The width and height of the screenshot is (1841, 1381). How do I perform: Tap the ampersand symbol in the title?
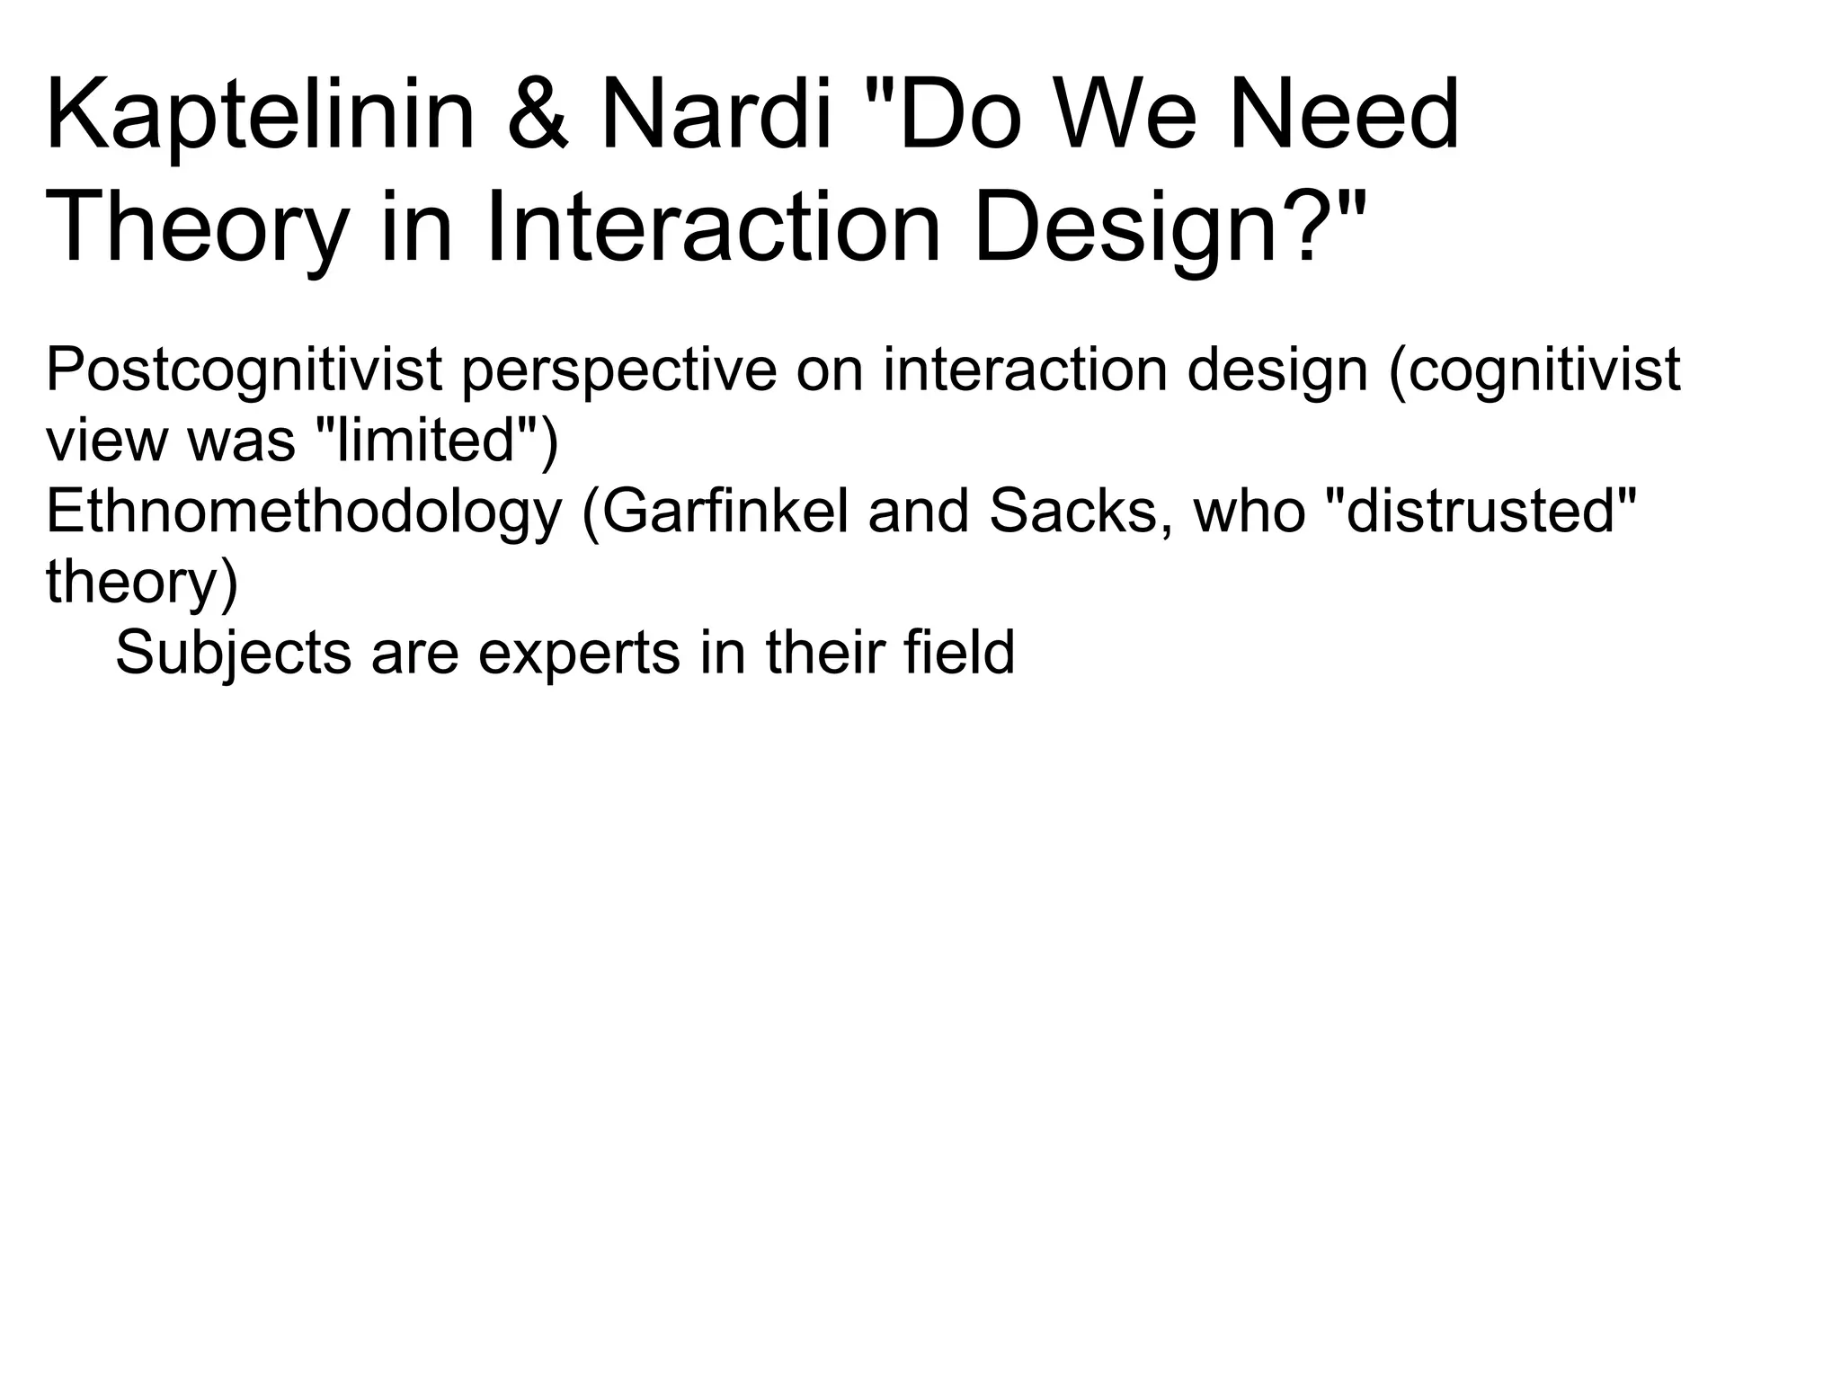tap(538, 117)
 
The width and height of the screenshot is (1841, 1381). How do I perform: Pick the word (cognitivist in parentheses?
tap(1534, 370)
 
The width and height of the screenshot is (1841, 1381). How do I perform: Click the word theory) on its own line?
tap(142, 583)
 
